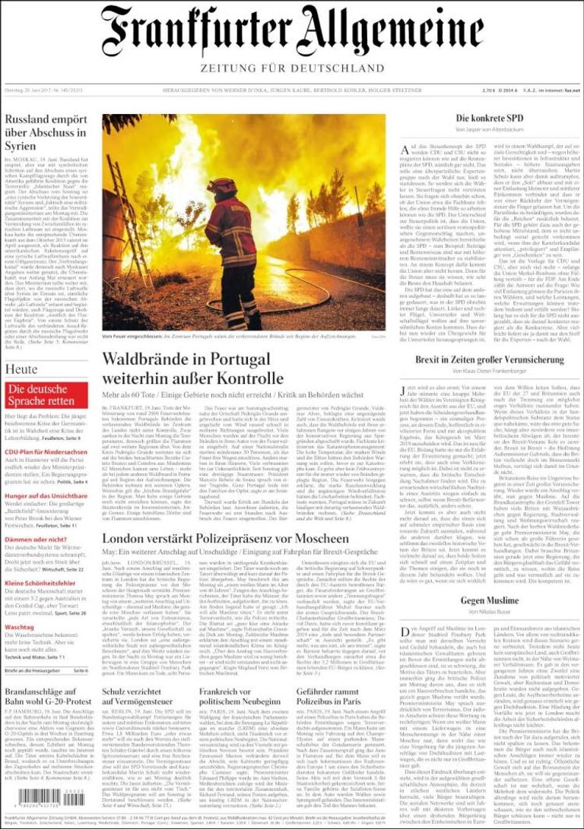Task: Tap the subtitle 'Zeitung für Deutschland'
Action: [292, 68]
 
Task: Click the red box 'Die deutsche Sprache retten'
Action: [45, 394]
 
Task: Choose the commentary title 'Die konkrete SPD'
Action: [490, 119]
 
